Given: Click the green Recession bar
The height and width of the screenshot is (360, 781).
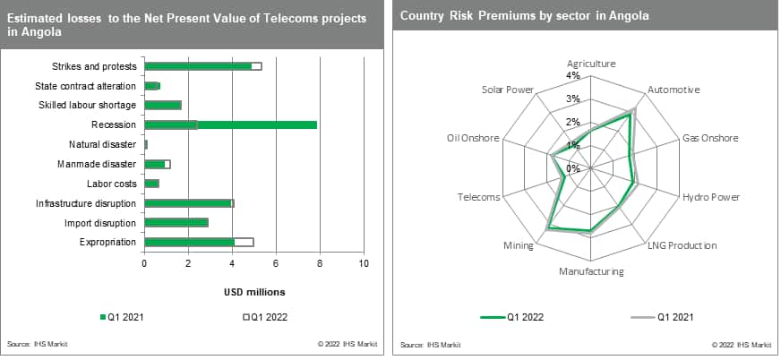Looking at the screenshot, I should (230, 124).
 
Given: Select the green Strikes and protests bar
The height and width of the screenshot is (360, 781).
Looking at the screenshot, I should (198, 66).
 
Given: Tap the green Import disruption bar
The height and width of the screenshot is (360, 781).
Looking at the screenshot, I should (176, 222).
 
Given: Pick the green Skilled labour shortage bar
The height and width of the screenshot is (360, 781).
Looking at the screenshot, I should (162, 105).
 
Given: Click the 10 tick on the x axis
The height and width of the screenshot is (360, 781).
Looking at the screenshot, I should (364, 263).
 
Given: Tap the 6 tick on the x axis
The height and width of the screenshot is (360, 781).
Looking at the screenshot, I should (276, 263).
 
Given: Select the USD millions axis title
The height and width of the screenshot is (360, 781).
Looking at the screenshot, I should (253, 292).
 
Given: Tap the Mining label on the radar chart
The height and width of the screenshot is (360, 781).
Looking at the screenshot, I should (519, 244).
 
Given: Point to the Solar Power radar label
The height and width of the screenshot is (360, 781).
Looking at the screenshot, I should (507, 90).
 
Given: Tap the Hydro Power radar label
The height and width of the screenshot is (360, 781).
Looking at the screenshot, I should (710, 197).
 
